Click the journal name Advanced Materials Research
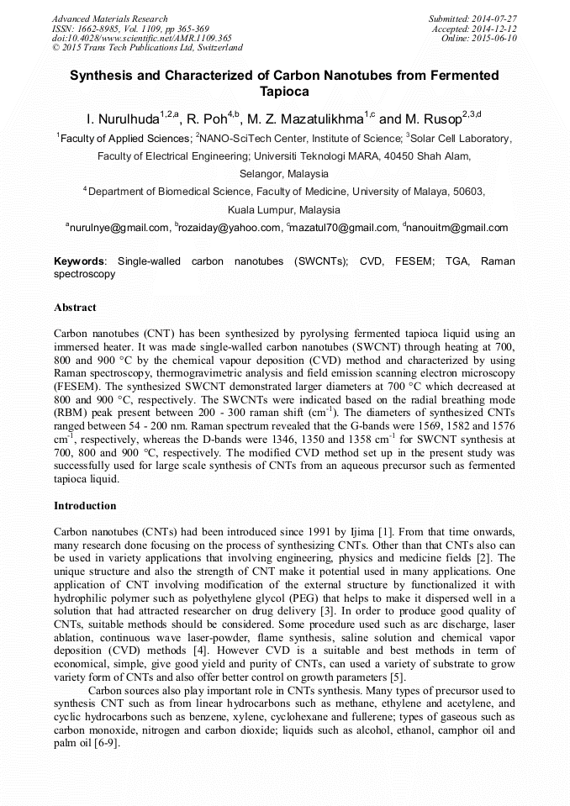click(x=109, y=18)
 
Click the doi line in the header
click(x=130, y=39)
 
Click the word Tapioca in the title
click(x=284, y=91)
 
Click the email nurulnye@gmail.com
click(x=119, y=228)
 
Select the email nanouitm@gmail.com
click(x=457, y=228)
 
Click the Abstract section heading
click(x=75, y=308)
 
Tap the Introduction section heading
click(x=85, y=506)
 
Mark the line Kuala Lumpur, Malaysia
click(x=284, y=209)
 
